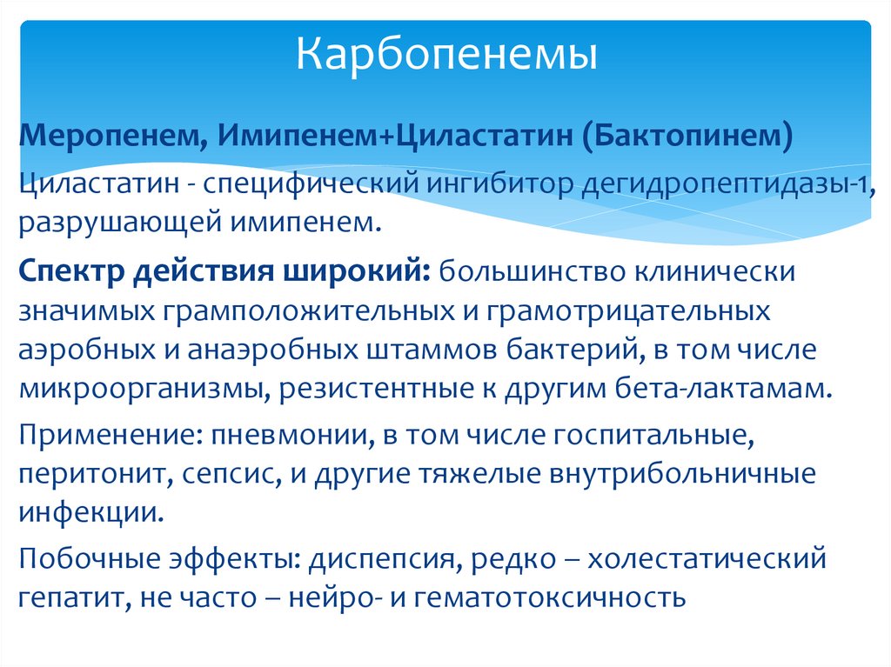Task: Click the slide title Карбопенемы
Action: tap(446, 54)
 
